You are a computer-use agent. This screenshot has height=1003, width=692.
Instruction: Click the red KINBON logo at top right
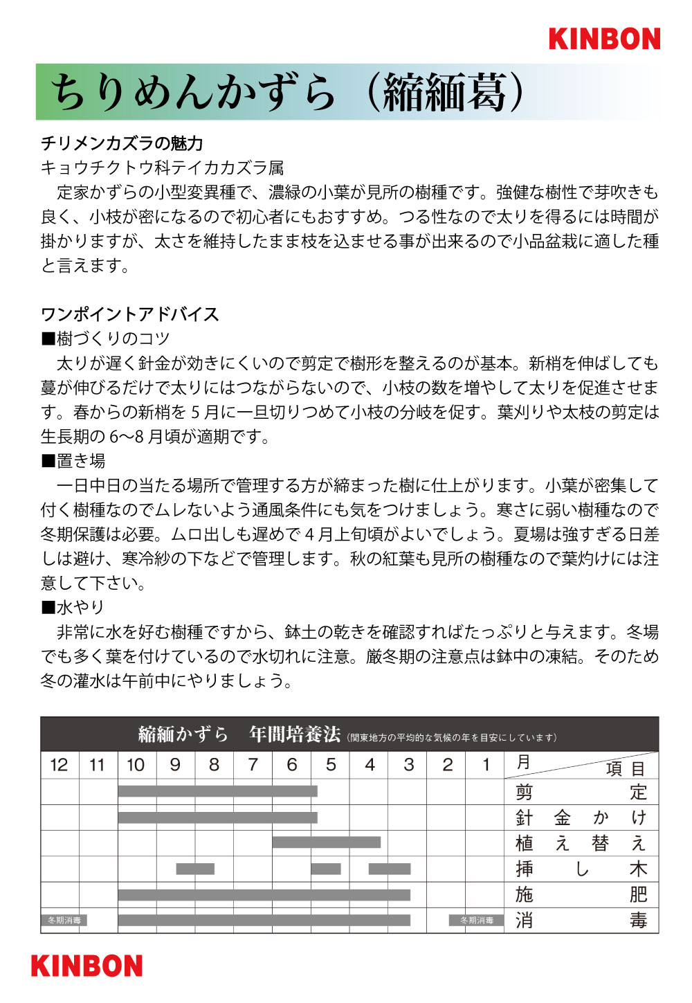pos(604,39)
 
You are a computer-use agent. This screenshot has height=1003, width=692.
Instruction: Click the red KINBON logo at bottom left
pos(86,966)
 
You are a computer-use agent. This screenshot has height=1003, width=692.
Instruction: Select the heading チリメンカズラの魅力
pos(122,143)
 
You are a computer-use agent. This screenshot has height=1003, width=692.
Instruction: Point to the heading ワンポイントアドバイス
pos(130,314)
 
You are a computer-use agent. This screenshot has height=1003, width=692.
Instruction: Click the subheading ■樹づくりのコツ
pos(105,338)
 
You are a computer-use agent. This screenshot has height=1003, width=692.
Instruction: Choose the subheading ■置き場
pos(73,461)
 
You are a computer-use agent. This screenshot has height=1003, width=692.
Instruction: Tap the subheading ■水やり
pos(73,607)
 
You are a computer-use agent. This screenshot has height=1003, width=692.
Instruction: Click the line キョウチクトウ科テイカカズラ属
pos(162,168)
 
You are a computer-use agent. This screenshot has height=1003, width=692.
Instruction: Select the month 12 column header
pos(60,765)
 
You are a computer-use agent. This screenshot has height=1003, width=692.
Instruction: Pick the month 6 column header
pos(292,765)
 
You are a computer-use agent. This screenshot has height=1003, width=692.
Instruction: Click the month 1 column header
pos(486,765)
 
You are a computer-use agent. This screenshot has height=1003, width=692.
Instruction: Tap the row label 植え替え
pos(581,843)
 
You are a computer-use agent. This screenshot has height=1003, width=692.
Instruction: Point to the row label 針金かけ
pos(581,817)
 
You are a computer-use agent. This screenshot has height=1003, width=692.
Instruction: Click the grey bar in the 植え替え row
pos(326,842)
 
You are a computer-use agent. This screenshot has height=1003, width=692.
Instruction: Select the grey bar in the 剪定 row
pos(217,791)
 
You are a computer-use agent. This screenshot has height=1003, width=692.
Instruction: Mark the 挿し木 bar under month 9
pos(195,869)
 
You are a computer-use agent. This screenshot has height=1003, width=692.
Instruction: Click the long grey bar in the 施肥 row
pos(264,895)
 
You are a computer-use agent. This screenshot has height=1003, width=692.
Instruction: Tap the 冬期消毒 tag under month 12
pos(64,921)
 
